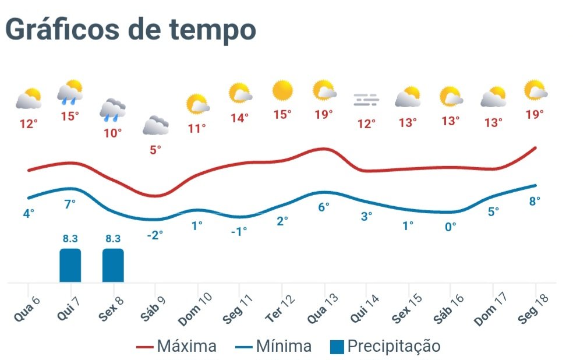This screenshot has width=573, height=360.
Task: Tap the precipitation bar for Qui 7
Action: coord(70,266)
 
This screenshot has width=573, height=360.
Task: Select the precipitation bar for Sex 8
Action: coord(113,266)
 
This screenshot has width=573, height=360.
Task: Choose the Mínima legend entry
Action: coord(275,346)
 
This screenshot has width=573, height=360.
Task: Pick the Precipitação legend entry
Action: coord(385,346)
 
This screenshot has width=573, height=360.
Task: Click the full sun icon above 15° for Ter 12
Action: coord(282,91)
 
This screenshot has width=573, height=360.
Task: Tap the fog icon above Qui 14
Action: coord(366,100)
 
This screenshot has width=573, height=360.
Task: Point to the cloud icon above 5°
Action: coord(155,125)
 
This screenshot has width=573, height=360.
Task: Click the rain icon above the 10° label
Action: coord(113,108)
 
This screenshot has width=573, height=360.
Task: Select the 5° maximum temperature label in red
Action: coord(155,150)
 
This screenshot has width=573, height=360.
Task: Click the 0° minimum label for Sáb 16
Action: coord(451,227)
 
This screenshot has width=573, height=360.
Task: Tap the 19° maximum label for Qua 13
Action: coord(324,114)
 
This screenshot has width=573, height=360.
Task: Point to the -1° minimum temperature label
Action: coord(239,231)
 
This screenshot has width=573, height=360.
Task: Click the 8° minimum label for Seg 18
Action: coord(535,201)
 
